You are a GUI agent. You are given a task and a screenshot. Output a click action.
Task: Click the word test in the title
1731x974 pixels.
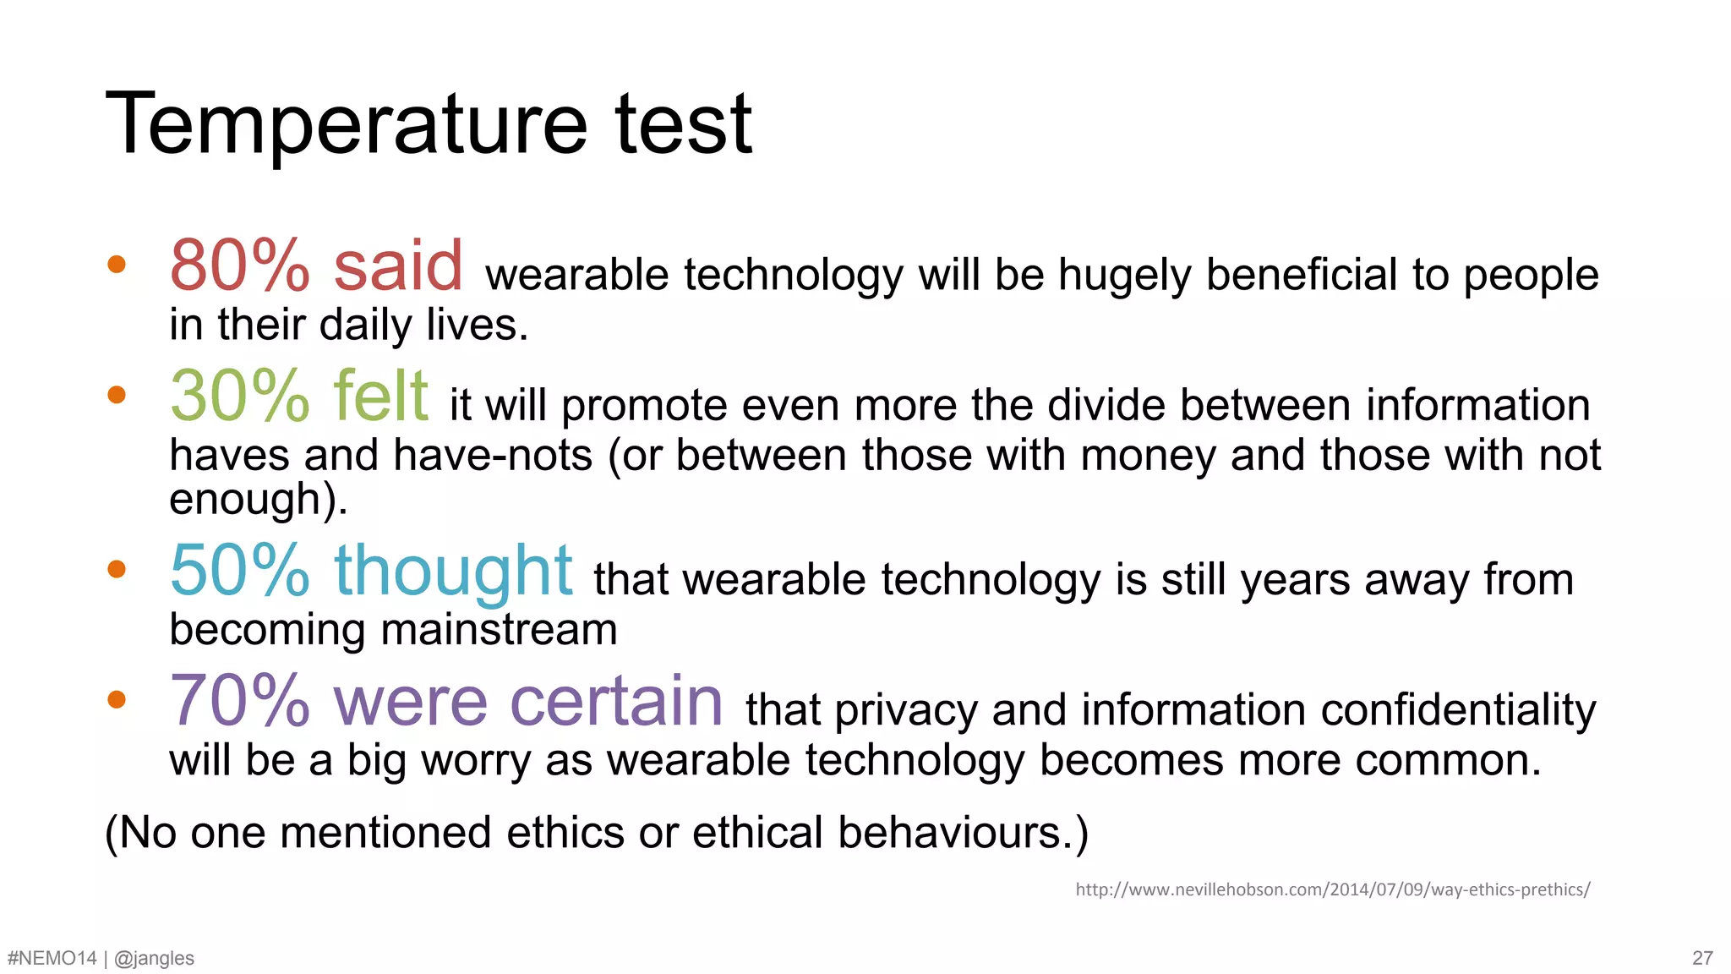pyautogui.click(x=683, y=125)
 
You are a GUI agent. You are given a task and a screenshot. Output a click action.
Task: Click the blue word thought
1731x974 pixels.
pyautogui.click(x=454, y=572)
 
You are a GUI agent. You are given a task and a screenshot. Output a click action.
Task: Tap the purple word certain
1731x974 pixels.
pyautogui.click(x=617, y=702)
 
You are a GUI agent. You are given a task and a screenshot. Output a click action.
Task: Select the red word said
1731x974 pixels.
pyautogui.click(x=398, y=266)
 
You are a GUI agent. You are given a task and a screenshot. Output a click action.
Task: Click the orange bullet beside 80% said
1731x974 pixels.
pyautogui.click(x=117, y=265)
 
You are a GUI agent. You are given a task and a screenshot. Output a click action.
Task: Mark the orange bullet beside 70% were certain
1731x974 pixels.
pyautogui.click(x=117, y=699)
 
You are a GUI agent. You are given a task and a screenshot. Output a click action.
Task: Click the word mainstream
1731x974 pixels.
pyautogui.click(x=499, y=630)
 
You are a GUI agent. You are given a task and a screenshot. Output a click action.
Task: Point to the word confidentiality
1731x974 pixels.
pyautogui.click(x=1459, y=710)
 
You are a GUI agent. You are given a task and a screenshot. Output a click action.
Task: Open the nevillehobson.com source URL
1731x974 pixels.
pyautogui.click(x=1333, y=889)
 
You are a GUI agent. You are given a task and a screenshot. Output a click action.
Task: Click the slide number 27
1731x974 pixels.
pyautogui.click(x=1702, y=958)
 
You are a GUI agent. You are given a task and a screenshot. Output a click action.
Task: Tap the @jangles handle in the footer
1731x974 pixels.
pyautogui.click(x=154, y=958)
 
